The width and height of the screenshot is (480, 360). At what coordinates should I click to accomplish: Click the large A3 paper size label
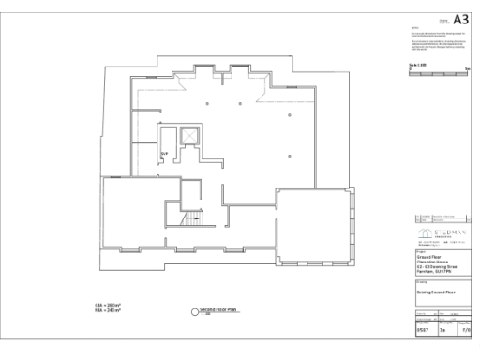(x=459, y=19)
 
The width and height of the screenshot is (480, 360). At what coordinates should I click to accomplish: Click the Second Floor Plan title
(x=217, y=307)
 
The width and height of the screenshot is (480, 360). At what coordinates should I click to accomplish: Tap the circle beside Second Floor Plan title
(x=194, y=310)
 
